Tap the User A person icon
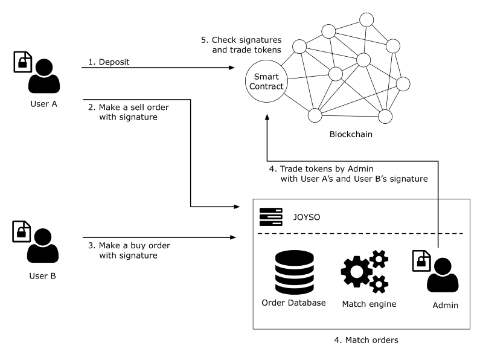[44, 76]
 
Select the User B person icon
[43, 245]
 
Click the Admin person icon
[443, 275]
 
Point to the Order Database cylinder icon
[295, 272]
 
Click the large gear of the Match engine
[356, 272]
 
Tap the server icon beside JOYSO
[270, 217]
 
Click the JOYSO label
[307, 217]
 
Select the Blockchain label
[351, 134]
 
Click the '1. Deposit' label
[109, 62]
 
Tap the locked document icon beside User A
[23, 62]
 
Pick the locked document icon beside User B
[22, 231]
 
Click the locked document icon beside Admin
[421, 261]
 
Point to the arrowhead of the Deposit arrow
[232, 68]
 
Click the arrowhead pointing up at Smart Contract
[267, 117]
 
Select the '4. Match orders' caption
[366, 340]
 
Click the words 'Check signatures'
[246, 40]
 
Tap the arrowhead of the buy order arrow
[233, 237]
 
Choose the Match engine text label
[369, 304]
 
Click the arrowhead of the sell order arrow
[237, 207]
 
